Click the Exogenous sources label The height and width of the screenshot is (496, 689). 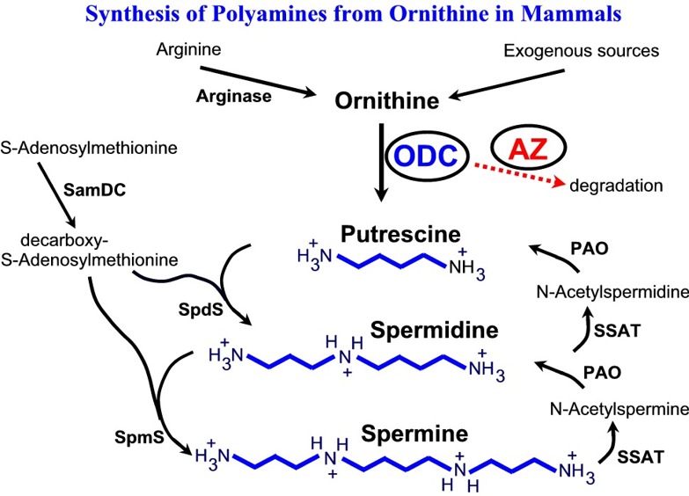pyautogui.click(x=581, y=53)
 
